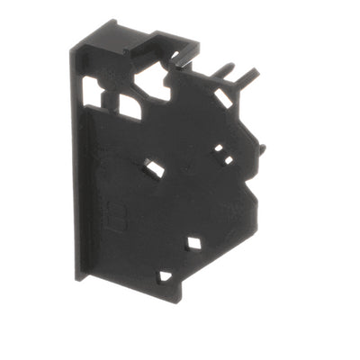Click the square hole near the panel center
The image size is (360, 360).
154,167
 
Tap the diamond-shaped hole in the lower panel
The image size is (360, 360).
193,241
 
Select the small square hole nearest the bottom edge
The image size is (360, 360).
165,276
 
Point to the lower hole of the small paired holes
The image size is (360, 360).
229,160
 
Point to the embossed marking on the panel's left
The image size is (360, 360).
116,217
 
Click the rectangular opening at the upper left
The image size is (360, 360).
92,87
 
